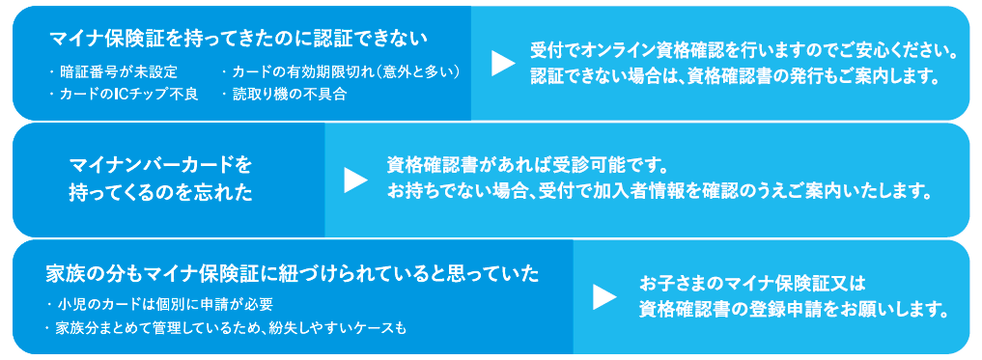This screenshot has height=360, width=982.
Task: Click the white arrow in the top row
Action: [502, 63]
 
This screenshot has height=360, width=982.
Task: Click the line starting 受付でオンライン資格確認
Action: [744, 51]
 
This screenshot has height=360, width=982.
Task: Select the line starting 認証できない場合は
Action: [734, 76]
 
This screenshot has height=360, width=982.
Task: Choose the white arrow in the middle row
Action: [355, 179]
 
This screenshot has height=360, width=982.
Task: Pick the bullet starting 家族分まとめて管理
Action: [226, 328]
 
